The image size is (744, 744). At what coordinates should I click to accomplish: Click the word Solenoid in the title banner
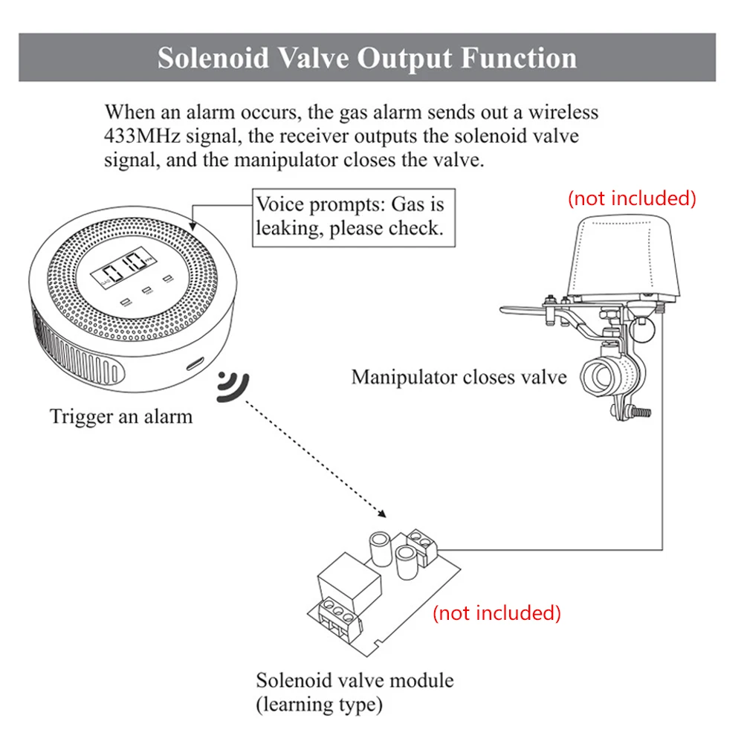[214, 59]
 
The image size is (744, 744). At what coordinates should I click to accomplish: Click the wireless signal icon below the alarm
[233, 386]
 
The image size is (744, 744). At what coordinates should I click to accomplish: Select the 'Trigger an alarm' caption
[121, 415]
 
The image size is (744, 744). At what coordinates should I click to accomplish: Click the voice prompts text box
[349, 216]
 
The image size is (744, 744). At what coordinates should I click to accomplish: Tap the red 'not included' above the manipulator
[632, 198]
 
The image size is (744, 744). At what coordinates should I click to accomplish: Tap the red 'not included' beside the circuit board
[496, 613]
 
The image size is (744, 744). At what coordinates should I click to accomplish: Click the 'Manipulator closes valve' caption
[459, 377]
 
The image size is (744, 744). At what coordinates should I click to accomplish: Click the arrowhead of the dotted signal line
[381, 513]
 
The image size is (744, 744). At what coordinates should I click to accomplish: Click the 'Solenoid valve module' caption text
[355, 680]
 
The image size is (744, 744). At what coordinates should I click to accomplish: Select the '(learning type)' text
[320, 703]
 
